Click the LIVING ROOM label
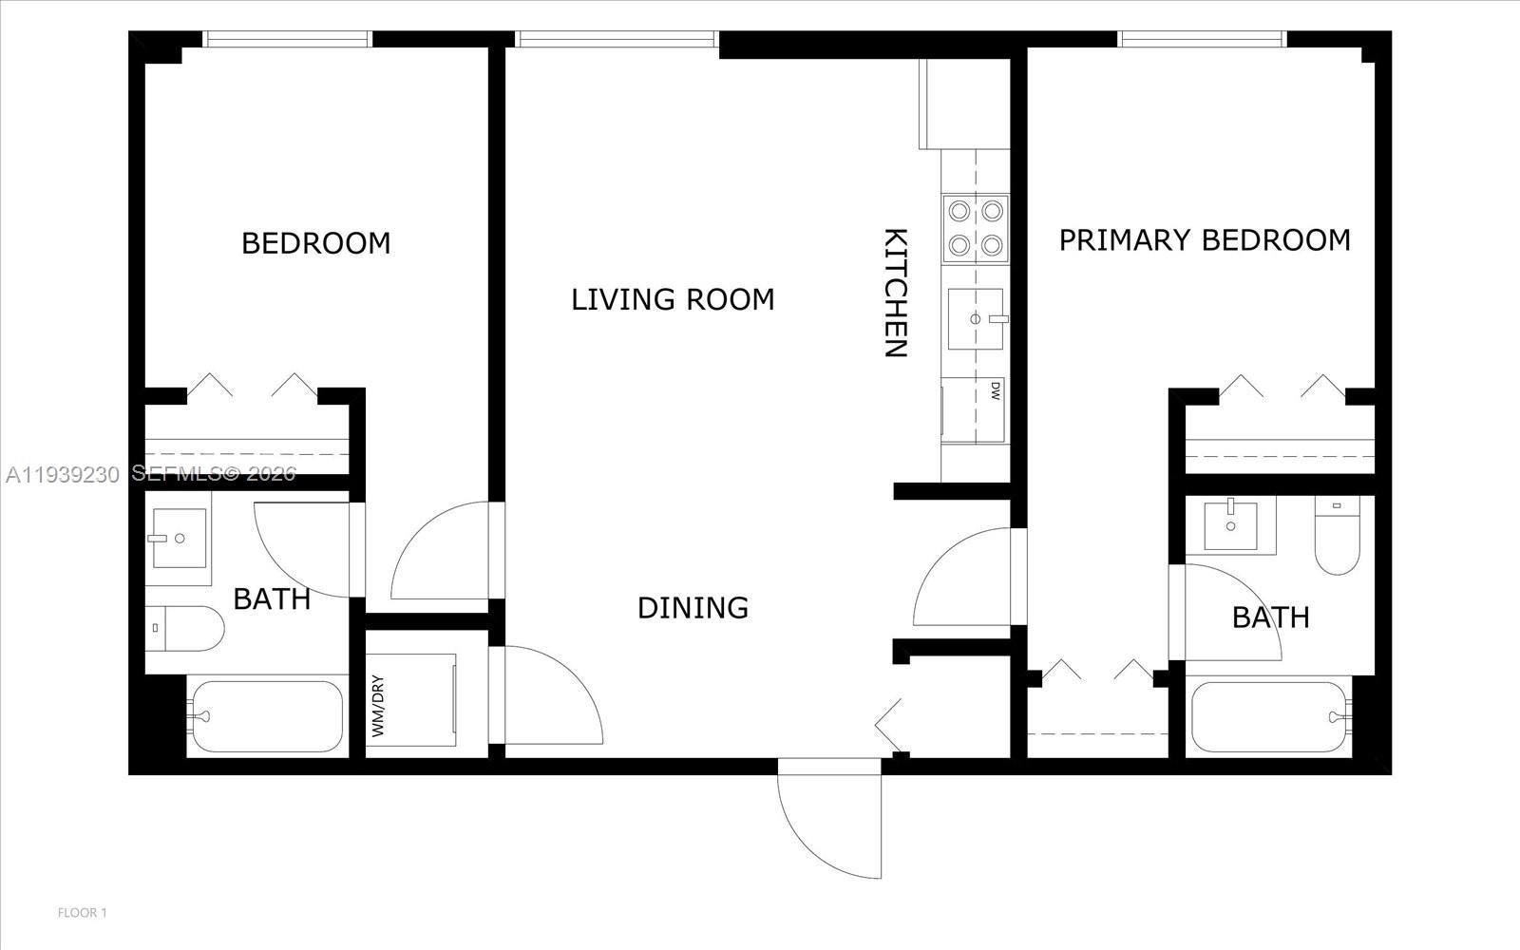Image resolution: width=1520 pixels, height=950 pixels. [x=673, y=299]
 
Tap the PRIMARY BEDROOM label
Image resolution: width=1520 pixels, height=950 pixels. [x=1205, y=239]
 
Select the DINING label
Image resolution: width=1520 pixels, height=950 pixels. [x=693, y=607]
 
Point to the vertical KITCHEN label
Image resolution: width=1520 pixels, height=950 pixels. [x=896, y=293]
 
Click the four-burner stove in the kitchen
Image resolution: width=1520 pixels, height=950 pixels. [x=975, y=228]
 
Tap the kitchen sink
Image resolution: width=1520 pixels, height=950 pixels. [x=976, y=319]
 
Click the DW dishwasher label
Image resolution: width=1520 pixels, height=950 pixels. [x=996, y=390]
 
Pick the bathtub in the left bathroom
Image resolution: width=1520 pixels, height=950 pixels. [x=266, y=715]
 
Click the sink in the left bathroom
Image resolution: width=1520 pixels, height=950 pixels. [x=179, y=539]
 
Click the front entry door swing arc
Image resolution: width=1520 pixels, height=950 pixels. [x=828, y=819]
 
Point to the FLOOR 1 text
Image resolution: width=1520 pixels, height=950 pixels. [x=83, y=913]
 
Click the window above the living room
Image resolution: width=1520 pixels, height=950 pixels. [x=617, y=39]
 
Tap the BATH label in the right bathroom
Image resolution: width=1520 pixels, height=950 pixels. [x=1270, y=617]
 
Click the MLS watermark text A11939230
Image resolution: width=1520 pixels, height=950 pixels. [x=62, y=473]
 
